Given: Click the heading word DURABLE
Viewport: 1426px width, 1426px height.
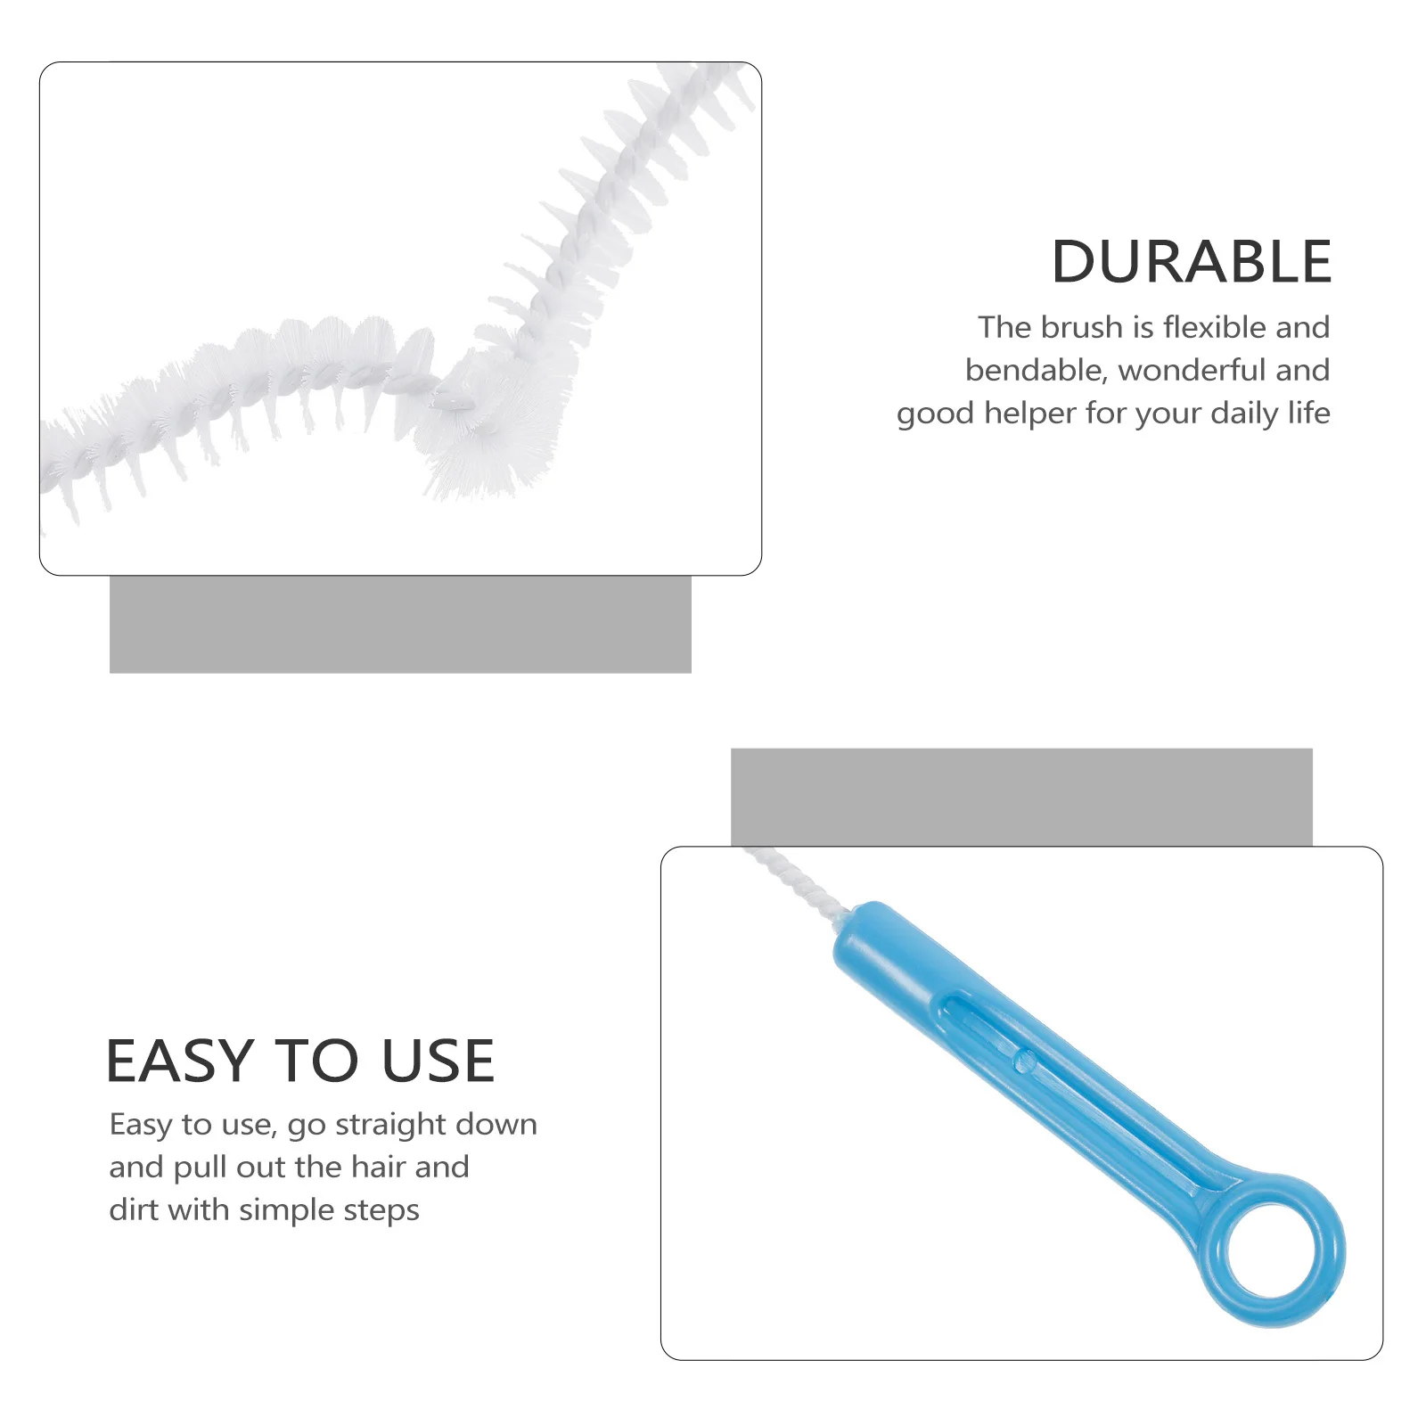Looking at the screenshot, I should pyautogui.click(x=1191, y=262).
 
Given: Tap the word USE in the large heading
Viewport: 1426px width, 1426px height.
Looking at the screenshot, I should pyautogui.click(x=438, y=1061).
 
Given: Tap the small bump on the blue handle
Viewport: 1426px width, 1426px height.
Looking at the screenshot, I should pyautogui.click(x=1026, y=1060).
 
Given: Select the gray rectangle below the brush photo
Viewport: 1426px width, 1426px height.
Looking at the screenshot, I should pyautogui.click(x=400, y=624).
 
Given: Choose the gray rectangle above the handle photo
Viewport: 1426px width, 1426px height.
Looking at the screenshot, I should pyautogui.click(x=1021, y=796).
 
